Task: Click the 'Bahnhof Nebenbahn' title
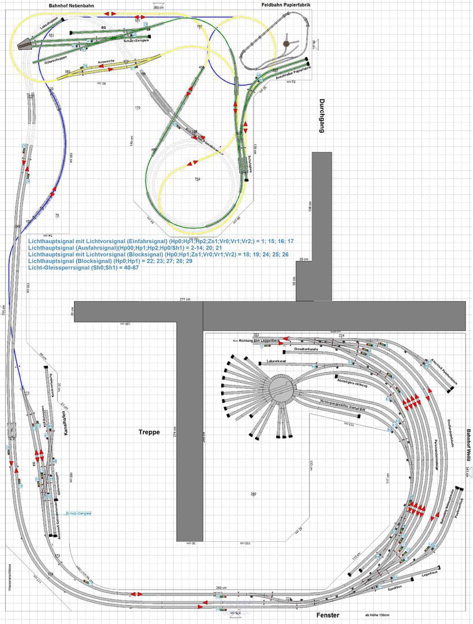[72, 5]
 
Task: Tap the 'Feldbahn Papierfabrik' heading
[285, 5]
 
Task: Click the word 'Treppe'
[148, 432]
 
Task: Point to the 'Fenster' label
[327, 615]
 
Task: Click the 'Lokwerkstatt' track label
[280, 362]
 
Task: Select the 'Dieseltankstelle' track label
[307, 349]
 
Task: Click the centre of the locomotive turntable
[279, 386]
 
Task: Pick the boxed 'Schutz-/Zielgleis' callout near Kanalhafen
[79, 513]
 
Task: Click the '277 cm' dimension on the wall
[185, 299]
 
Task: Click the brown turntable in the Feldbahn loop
[286, 43]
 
